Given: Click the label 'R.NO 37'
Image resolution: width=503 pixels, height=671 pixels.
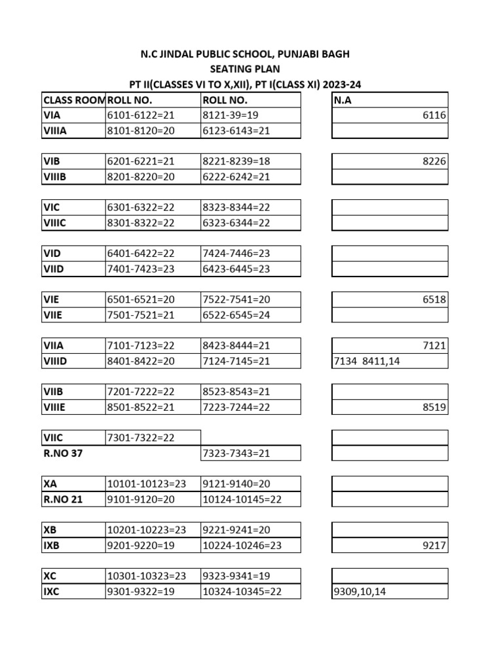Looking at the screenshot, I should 63,453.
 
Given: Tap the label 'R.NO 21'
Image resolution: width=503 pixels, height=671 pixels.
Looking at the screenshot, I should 63,499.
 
